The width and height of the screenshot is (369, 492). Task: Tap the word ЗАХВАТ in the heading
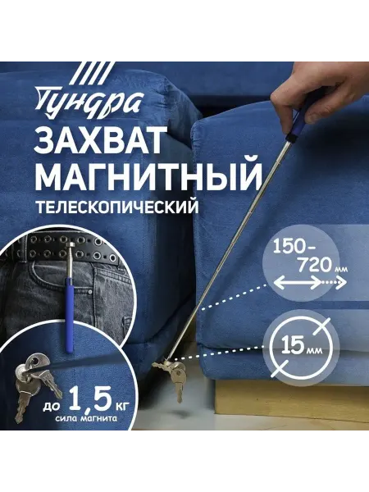tap(100, 140)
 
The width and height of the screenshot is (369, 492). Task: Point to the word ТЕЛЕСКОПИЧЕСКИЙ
tap(117, 207)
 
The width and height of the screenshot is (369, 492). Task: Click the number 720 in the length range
tap(314, 266)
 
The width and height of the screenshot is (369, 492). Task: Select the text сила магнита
tap(86, 418)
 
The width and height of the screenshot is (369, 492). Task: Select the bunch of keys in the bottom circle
tap(34, 384)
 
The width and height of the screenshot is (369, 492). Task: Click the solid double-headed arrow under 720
tap(297, 283)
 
